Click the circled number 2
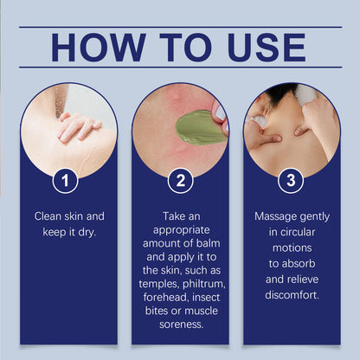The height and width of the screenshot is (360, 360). point(180,181)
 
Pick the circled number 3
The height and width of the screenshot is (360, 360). point(290,181)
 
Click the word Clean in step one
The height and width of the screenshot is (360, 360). point(49,215)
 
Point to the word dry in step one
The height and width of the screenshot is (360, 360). point(93,231)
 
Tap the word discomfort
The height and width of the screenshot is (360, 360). point(291,294)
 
